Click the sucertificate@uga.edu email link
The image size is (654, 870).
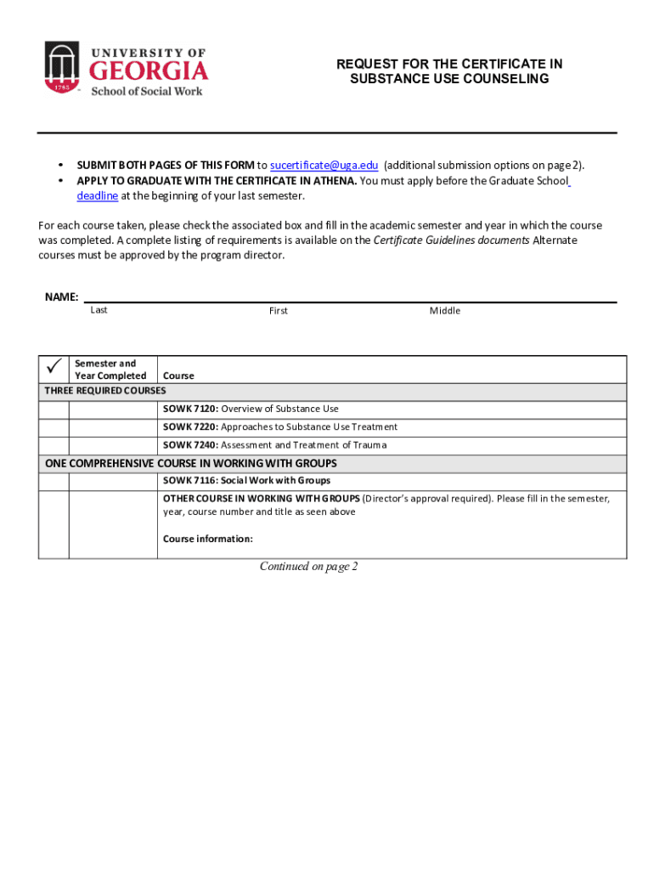click(x=324, y=166)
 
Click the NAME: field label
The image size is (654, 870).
click(x=61, y=297)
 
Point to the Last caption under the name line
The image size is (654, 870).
click(x=99, y=310)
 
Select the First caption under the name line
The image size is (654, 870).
click(x=278, y=311)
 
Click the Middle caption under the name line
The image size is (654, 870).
click(x=444, y=311)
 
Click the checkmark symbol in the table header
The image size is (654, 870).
click(x=54, y=366)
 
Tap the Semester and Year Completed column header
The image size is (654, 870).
click(x=110, y=370)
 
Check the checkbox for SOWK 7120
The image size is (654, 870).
click(x=54, y=410)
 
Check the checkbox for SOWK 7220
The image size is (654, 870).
click(x=54, y=427)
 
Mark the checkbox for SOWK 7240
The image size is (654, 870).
click(x=54, y=445)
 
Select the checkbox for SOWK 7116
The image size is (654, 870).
click(x=54, y=481)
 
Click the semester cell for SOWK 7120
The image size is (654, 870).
click(x=113, y=410)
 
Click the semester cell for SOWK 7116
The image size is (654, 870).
click(x=113, y=481)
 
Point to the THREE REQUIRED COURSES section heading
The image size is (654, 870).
click(x=105, y=391)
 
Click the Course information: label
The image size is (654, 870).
click(x=208, y=539)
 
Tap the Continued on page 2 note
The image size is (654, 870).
click(x=308, y=567)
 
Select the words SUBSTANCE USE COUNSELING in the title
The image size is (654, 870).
click(x=449, y=79)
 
